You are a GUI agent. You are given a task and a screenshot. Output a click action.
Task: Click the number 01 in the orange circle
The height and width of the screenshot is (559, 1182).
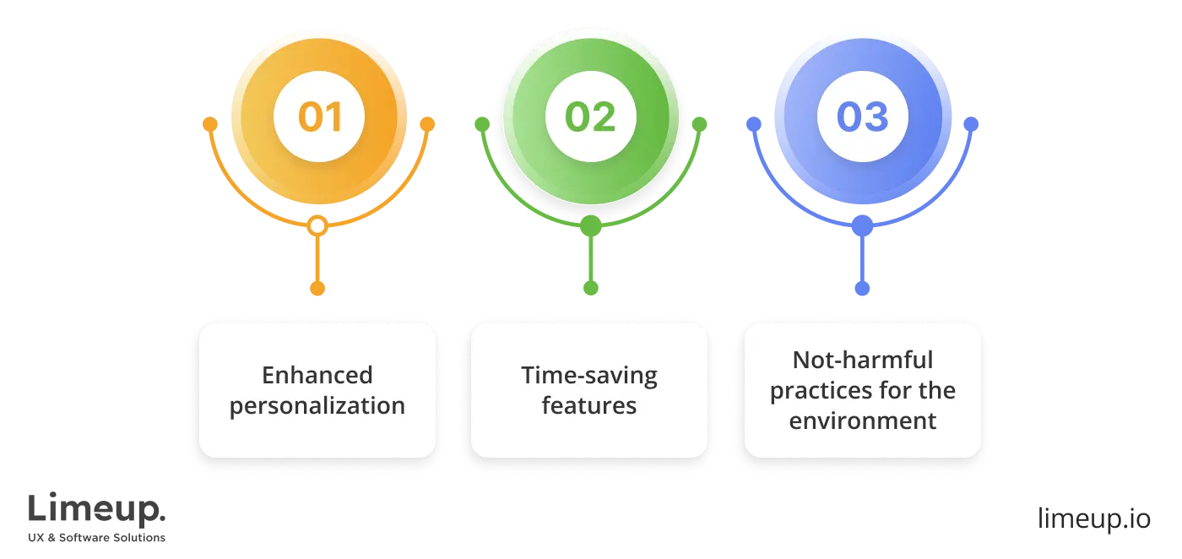coord(319,117)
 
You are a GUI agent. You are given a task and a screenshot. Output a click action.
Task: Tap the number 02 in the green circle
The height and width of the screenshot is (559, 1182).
coord(590,117)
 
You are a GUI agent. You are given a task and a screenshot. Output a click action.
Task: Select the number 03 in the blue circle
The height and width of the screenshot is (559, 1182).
coord(862,117)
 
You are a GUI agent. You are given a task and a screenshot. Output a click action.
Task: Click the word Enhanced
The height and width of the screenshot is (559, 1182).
coord(317,375)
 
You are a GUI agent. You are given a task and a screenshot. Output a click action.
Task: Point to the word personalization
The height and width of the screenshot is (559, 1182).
coord(317,405)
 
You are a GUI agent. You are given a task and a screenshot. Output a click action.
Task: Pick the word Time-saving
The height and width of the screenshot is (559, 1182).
coord(589,375)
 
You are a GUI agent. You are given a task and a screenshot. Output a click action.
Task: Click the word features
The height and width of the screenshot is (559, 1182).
coord(589,405)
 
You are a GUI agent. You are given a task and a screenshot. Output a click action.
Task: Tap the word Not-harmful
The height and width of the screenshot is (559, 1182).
coord(862,360)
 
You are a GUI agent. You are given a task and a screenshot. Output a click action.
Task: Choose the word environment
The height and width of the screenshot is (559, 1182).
coord(862,421)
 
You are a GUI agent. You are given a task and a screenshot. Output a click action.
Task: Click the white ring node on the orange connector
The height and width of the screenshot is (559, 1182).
coord(317,226)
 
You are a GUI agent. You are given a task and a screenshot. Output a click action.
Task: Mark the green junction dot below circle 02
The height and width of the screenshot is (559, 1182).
coord(591,225)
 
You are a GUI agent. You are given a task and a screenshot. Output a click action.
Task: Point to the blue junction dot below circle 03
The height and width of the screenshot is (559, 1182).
coord(862,225)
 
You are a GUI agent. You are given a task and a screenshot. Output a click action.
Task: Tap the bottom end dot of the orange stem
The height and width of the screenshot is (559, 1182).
coord(317,288)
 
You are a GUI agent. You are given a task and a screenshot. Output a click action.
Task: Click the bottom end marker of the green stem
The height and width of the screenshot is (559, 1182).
coord(591,287)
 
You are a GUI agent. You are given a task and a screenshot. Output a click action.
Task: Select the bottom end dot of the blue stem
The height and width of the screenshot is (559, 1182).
coord(862,288)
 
